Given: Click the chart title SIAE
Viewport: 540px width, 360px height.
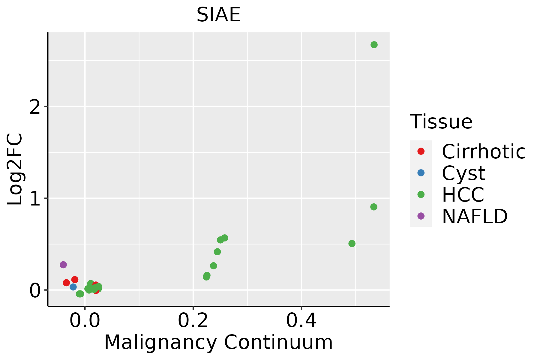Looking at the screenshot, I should coord(218,15).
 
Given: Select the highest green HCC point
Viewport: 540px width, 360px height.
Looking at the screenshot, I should coord(374,45).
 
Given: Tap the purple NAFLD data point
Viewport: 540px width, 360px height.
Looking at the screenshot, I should coord(63,265).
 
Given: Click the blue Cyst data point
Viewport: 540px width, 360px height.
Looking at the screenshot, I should coord(73,287).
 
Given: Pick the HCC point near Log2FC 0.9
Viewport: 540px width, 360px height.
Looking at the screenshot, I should coord(373,207).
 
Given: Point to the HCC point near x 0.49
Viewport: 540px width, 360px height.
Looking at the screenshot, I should coord(352,244).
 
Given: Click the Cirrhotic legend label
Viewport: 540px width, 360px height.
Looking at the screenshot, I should coord(483,151).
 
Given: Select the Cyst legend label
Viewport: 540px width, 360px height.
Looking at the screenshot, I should coord(463,173).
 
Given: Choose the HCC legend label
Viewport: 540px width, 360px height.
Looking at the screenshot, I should coord(463,195).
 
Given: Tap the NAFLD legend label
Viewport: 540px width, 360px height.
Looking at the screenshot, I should coord(475,216).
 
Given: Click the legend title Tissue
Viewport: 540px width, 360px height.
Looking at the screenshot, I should coord(441,122).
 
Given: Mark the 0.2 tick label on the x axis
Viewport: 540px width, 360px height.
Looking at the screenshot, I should coord(193,321).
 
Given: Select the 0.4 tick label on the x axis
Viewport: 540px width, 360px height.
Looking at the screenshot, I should coord(301,321).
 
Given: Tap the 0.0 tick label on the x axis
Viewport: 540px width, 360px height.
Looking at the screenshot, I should coord(85,321).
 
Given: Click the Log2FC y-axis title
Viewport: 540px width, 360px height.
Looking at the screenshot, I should coord(15,169).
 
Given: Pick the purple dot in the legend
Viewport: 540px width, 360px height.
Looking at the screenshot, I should coord(421,216).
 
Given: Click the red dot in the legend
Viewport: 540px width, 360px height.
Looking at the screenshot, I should coord(421,151).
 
